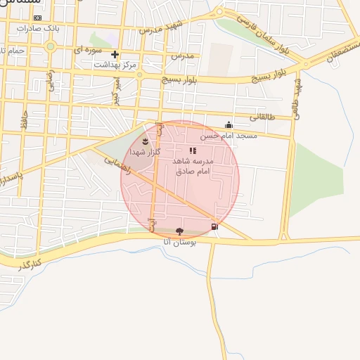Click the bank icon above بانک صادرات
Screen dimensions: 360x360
coord(37,18)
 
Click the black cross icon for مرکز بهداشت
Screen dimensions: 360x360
coord(115,54)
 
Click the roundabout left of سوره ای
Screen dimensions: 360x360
coord(50,48)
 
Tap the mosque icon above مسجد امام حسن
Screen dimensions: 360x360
coord(228,126)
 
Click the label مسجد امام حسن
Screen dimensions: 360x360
coord(224,135)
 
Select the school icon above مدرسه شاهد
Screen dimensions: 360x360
coord(193,150)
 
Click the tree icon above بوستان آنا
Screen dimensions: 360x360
coord(179,231)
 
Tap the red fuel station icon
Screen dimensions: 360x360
coord(214,226)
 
